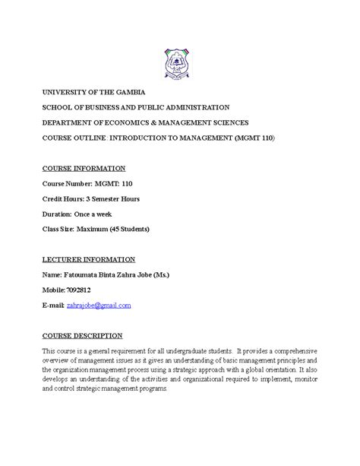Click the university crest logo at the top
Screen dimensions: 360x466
coord(179,59)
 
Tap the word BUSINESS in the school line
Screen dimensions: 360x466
coord(103,107)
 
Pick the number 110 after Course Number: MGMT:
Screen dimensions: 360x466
coord(122,183)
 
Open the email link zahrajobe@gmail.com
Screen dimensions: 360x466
coord(99,305)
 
